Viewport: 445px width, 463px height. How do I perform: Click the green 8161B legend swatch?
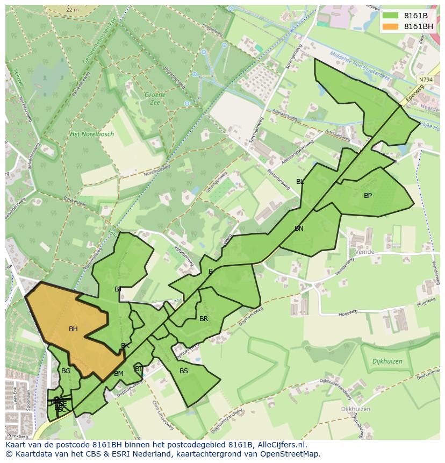pyautogui.click(x=390, y=16)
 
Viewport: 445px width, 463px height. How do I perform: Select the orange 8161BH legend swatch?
pyautogui.click(x=390, y=26)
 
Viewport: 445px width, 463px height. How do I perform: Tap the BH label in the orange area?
pyautogui.click(x=73, y=329)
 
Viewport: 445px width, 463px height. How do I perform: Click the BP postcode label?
pyautogui.click(x=368, y=196)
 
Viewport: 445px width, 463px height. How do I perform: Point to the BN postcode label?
pyautogui.click(x=299, y=229)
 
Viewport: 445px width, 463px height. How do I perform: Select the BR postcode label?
pyautogui.click(x=204, y=319)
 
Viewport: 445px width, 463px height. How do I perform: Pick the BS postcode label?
pyautogui.click(x=184, y=371)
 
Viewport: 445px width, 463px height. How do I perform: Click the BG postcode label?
pyautogui.click(x=66, y=371)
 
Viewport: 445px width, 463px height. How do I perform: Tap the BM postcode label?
pyautogui.click(x=119, y=374)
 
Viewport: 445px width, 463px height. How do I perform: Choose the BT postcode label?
pyautogui.click(x=139, y=368)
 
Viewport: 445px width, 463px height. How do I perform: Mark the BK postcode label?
pyautogui.click(x=125, y=346)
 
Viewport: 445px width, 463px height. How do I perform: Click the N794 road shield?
pyautogui.click(x=425, y=80)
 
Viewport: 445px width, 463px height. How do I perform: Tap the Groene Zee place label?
pyautogui.click(x=155, y=98)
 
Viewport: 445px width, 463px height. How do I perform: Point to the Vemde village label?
pyautogui.click(x=364, y=252)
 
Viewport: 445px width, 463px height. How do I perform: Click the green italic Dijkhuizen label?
pyautogui.click(x=387, y=362)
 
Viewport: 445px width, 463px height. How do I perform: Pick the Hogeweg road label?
pyautogui.click(x=348, y=314)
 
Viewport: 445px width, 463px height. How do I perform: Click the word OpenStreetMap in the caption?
pyautogui.click(x=291, y=454)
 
